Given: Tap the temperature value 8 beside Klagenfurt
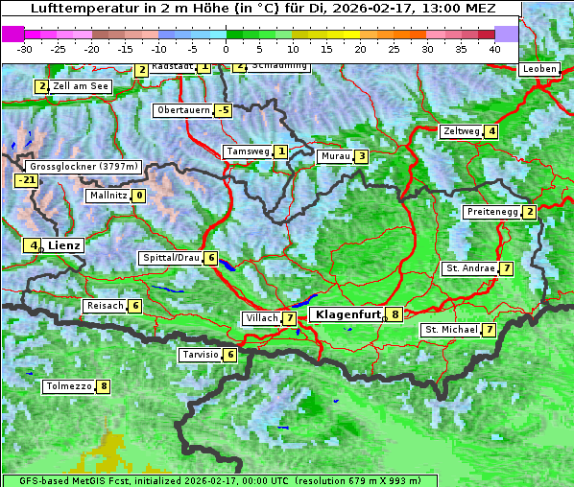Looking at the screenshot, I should (394, 313).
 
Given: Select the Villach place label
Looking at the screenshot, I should (260, 317).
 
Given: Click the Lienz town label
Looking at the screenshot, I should (64, 245).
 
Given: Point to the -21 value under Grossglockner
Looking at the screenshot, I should (26, 179).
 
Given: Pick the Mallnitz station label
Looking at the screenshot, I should (108, 196).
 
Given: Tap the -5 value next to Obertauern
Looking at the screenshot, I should (224, 110).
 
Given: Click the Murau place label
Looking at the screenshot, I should (335, 156).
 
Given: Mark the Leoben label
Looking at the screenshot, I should (538, 69).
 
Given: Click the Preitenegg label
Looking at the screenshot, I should (492, 211).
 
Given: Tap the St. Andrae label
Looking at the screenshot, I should (469, 267).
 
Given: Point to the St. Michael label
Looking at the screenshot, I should (451, 330).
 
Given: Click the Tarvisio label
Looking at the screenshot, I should (201, 355).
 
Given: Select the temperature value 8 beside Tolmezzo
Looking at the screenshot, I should (103, 386).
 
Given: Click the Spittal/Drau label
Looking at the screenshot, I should (172, 258).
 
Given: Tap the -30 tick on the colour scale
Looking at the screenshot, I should (25, 48).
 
